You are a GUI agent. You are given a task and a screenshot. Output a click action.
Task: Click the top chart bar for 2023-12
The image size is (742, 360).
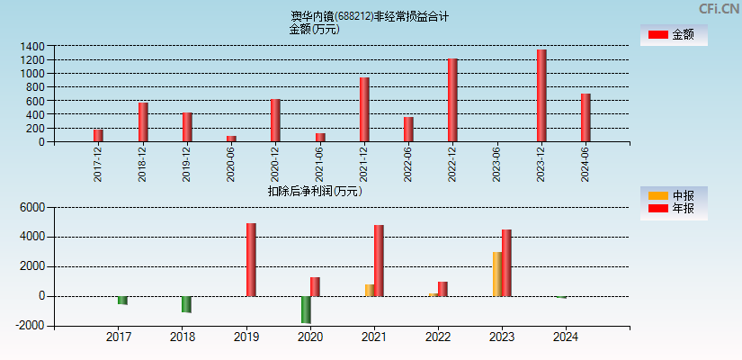(x=541, y=95)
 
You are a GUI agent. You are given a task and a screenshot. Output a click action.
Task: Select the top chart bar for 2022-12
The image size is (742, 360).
(x=452, y=100)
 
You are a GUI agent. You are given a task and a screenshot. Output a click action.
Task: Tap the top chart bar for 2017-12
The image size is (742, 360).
(x=98, y=135)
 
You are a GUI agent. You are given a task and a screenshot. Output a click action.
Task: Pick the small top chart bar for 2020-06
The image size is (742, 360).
(x=231, y=139)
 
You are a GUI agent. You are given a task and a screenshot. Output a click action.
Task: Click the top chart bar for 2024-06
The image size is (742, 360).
(x=586, y=117)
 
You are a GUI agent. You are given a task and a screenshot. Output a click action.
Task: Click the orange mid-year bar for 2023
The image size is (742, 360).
(x=496, y=274)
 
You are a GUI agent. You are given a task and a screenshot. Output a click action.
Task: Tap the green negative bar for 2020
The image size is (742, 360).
(x=306, y=310)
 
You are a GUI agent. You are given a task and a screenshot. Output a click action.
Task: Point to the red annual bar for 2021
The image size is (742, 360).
(x=379, y=260)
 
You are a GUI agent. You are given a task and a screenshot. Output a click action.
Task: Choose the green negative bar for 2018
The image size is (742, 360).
(x=186, y=304)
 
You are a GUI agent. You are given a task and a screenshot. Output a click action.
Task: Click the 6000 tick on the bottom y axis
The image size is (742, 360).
(x=31, y=208)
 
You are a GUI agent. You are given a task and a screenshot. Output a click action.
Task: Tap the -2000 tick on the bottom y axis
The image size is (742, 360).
(x=30, y=326)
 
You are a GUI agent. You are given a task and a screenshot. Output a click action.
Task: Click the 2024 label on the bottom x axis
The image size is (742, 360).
(x=566, y=337)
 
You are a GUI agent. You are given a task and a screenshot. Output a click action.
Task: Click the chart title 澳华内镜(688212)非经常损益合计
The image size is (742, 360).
(x=370, y=16)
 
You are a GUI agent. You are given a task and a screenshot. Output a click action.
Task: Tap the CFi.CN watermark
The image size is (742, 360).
(x=719, y=9)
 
